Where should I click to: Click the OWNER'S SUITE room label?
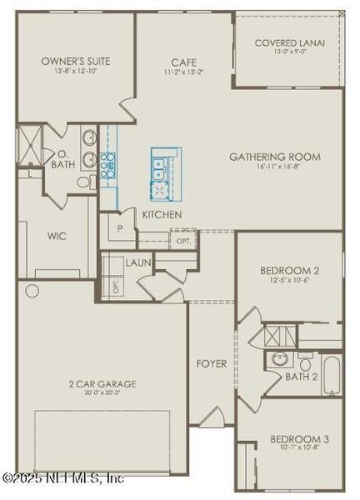(76, 62)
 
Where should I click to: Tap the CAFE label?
(183, 62)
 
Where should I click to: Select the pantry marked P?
(120, 227)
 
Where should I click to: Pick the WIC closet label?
(57, 236)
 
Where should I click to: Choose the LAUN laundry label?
(137, 262)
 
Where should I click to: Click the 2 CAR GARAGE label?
(103, 384)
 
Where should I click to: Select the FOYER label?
(212, 363)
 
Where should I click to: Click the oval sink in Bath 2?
(278, 361)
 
